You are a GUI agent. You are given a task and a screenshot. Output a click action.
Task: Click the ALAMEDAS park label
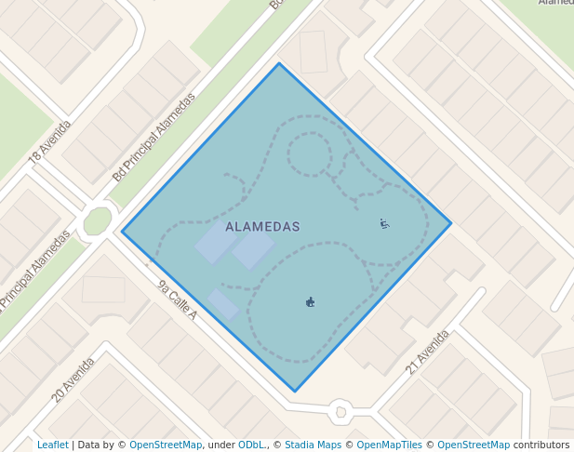click(262, 227)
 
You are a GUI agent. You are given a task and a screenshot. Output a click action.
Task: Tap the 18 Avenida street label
click(49, 143)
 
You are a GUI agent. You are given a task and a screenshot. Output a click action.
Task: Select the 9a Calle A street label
click(177, 299)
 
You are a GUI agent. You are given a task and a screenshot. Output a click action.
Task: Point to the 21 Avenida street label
click(427, 352)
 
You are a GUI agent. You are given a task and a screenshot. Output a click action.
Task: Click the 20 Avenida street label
click(73, 379)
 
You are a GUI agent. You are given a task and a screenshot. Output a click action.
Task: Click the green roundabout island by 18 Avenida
click(97, 221)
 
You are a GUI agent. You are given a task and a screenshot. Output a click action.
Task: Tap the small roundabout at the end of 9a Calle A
click(340, 410)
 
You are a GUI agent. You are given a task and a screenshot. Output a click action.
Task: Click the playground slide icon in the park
click(384, 223)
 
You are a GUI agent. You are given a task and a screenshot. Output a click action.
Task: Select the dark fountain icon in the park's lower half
click(310, 301)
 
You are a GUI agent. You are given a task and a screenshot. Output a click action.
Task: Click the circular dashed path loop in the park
click(309, 153)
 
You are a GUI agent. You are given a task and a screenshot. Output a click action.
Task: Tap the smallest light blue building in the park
click(222, 304)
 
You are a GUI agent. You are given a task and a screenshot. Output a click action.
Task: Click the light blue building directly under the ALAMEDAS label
click(253, 249)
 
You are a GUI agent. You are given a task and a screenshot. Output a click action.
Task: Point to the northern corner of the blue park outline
click(279, 63)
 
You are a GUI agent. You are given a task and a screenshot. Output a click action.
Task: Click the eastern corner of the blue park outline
click(451, 223)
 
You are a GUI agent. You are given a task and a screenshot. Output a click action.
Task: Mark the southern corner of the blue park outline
click(295, 392)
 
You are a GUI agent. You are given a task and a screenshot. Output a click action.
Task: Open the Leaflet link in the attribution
click(52, 445)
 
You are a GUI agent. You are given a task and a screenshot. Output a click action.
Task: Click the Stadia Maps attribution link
click(313, 445)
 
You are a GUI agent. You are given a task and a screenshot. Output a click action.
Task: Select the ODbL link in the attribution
click(251, 445)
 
